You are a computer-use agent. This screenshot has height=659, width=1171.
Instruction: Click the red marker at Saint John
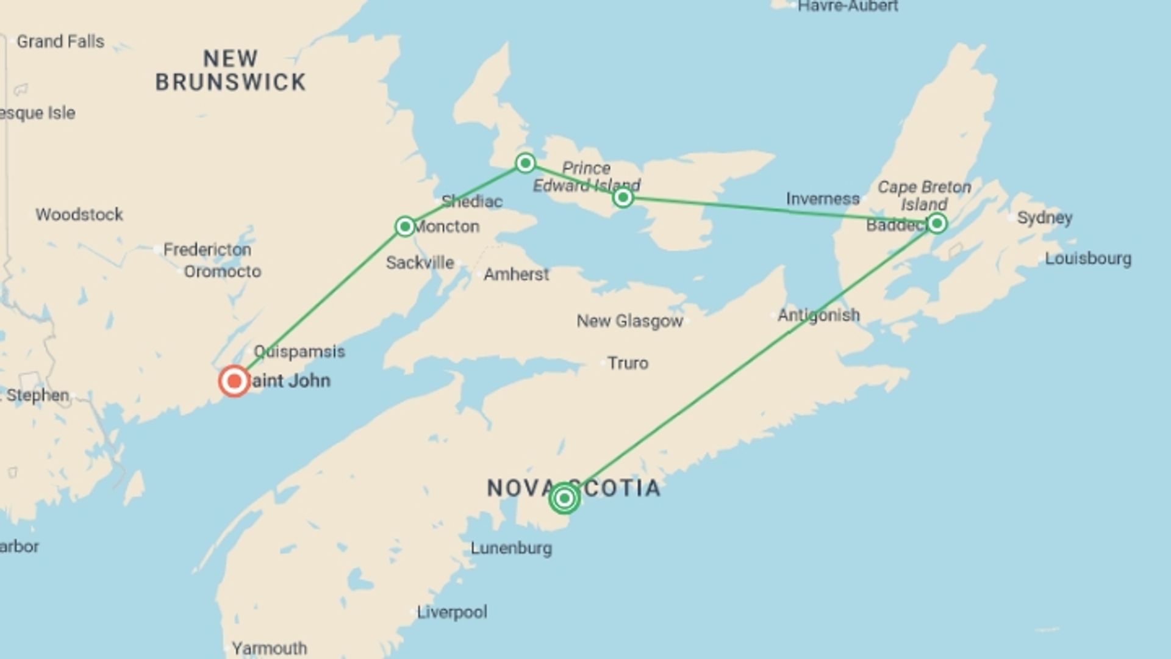[234, 381]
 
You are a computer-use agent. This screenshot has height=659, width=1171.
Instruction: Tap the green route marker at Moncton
[405, 227]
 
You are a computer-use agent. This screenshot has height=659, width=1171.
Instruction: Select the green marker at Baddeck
[937, 223]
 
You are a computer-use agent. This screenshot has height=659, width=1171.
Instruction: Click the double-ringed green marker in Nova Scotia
[564, 499]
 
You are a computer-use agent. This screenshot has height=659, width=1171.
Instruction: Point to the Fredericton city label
[207, 250]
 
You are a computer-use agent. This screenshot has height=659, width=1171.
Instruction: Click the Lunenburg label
[511, 548]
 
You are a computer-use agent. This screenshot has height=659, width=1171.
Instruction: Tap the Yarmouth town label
[269, 648]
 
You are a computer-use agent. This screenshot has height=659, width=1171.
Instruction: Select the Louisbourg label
[1088, 259]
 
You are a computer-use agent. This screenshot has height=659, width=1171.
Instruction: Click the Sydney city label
[1044, 218]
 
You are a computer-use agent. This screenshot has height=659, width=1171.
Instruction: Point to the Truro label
[628, 363]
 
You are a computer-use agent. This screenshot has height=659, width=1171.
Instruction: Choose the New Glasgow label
[629, 321]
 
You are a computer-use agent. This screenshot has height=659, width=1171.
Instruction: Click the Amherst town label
[516, 275]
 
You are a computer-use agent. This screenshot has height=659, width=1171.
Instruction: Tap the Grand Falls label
[60, 41]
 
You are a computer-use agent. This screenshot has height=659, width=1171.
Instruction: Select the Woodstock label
[79, 215]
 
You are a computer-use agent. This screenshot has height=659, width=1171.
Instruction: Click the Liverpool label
[452, 612]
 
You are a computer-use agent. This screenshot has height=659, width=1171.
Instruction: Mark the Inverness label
[822, 199]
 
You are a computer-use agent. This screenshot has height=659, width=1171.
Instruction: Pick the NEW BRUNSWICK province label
[231, 71]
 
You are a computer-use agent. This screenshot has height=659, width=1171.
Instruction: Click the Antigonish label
[818, 315]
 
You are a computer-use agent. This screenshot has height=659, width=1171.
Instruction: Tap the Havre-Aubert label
[848, 6]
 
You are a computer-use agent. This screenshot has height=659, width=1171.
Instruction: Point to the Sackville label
[420, 263]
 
